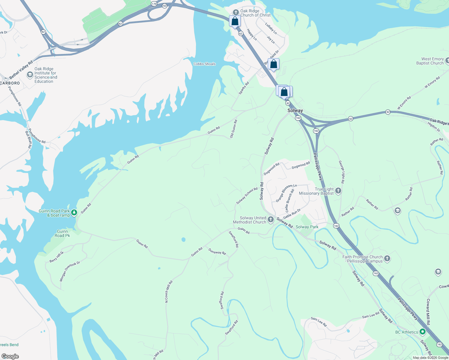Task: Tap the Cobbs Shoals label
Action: click(204, 64)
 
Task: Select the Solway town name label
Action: click(295, 110)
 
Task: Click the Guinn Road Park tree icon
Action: click(74, 213)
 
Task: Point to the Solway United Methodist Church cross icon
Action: click(270, 220)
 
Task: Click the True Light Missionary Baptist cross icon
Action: click(338, 191)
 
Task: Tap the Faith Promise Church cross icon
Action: click(387, 259)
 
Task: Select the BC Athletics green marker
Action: click(423, 332)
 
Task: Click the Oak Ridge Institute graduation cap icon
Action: click(30, 75)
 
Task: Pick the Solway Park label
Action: click(307, 227)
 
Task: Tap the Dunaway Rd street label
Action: click(217, 252)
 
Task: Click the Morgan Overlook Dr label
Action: click(70, 271)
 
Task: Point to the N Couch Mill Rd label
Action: click(169, 291)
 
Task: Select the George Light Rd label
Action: click(342, 172)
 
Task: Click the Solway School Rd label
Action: click(247, 196)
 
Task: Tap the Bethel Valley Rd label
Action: click(21, 70)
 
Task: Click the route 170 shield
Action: click(154, 4)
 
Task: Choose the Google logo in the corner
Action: click(10, 356)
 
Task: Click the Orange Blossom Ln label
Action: click(286, 193)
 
